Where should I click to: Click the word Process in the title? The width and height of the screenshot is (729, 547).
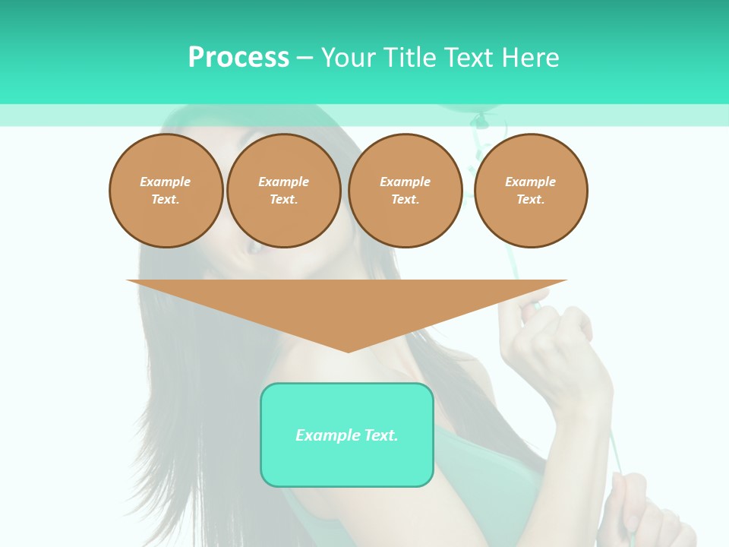pyautogui.click(x=238, y=58)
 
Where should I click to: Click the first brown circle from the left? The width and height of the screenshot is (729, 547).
pyautogui.click(x=166, y=191)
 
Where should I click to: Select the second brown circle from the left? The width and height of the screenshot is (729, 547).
pyautogui.click(x=283, y=191)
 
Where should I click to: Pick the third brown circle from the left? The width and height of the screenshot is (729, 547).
pyautogui.click(x=405, y=191)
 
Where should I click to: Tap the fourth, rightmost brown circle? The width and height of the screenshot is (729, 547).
pyautogui.click(x=530, y=191)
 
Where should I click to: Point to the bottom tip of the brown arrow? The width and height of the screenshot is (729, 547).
pyautogui.click(x=348, y=350)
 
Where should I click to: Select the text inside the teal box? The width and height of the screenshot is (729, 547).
pyautogui.click(x=347, y=435)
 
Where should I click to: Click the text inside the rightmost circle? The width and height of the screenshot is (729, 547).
pyautogui.click(x=530, y=191)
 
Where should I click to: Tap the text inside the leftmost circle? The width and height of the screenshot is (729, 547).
pyautogui.click(x=166, y=191)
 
